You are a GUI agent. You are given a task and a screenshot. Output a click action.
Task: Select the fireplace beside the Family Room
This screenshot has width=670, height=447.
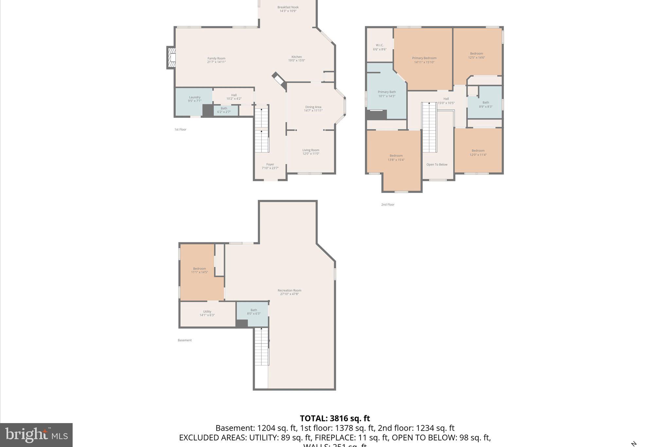pyautogui.click(x=171, y=58)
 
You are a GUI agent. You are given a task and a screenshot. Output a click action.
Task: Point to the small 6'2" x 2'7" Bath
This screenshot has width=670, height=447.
pyautogui.click(x=224, y=110)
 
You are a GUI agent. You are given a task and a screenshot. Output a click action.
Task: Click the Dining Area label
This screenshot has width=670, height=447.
pyautogui.click(x=313, y=107)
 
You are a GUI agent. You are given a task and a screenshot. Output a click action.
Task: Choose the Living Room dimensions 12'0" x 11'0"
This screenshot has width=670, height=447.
pyautogui.click(x=310, y=154)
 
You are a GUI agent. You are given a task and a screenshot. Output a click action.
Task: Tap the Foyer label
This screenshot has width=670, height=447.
pyautogui.click(x=270, y=165)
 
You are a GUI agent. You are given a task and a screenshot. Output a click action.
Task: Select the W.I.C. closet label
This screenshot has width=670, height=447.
pyautogui.click(x=379, y=45)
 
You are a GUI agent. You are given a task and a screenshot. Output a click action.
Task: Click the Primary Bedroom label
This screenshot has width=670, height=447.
pyautogui.click(x=424, y=58)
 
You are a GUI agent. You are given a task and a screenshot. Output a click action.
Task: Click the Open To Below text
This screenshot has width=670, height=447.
pyautogui.click(x=437, y=165)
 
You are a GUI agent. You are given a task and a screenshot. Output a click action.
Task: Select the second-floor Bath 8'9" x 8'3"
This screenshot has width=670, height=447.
pyautogui.click(x=485, y=104)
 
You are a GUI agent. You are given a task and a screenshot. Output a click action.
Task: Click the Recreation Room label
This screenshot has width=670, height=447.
pyautogui.click(x=289, y=290)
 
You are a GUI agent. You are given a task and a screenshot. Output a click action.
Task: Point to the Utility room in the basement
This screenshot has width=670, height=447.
pyautogui.click(x=207, y=313)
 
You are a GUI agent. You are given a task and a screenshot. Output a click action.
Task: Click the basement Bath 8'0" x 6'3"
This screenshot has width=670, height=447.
pyautogui.click(x=254, y=312)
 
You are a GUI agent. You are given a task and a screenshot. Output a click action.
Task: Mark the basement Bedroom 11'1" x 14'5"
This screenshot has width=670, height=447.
pyautogui.click(x=199, y=270)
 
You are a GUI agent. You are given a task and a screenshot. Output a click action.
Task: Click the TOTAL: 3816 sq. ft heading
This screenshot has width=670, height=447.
pyautogui.click(x=335, y=419)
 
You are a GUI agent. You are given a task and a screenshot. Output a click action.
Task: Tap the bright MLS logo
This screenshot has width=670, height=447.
pyautogui.click(x=36, y=435)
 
